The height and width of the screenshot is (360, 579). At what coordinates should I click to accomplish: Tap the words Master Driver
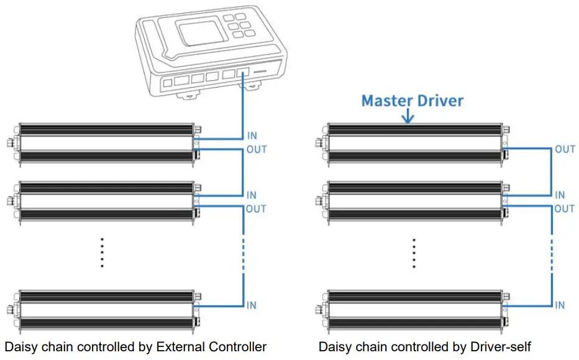[x=413, y=100]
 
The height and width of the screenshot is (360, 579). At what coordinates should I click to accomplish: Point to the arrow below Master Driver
[x=408, y=116]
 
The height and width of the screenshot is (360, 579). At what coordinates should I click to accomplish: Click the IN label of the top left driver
[x=252, y=136]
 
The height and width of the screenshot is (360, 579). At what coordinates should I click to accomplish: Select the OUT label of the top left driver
[x=257, y=150]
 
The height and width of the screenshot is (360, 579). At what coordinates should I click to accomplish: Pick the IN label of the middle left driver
[x=252, y=195]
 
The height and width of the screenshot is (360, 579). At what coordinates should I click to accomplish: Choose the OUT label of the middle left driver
[x=257, y=209]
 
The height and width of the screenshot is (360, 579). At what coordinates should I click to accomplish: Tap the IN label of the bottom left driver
[x=252, y=305]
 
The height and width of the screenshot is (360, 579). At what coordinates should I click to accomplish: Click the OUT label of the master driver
[x=565, y=149]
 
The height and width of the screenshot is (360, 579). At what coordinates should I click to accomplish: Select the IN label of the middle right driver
[x=560, y=195]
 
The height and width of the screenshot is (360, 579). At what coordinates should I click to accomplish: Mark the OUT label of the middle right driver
[x=565, y=209]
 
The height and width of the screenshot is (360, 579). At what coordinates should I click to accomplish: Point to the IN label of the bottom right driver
[x=560, y=305]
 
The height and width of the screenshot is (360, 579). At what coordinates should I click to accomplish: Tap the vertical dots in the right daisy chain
[x=413, y=252]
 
